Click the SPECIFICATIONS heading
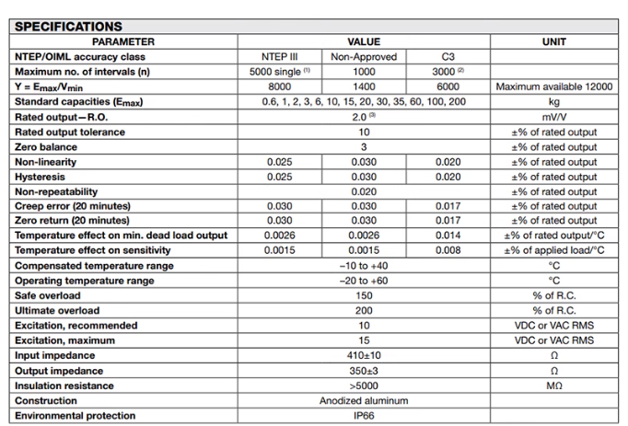tap(69, 27)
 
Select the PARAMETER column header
tap(123, 41)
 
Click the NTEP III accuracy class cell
tap(279, 56)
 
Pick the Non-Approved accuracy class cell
tap(363, 56)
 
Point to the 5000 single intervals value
tap(279, 71)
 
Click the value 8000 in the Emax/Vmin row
tap(279, 86)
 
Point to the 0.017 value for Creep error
tap(447, 206)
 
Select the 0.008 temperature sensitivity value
tap(447, 250)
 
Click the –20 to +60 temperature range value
tap(363, 280)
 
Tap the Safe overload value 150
tap(363, 294)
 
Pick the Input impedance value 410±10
tap(363, 355)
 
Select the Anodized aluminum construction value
tap(363, 401)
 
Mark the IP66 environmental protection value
tap(363, 416)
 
